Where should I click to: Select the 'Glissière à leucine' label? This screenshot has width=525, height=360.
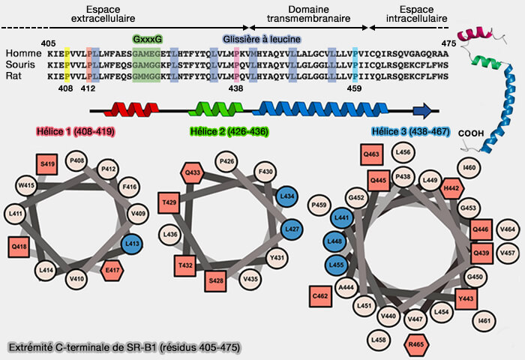262,39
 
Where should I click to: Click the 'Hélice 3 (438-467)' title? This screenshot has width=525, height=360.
409,132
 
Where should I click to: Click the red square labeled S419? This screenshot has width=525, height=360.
48,163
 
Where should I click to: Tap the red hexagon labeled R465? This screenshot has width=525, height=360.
414,345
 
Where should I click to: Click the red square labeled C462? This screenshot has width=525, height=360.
320,296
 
